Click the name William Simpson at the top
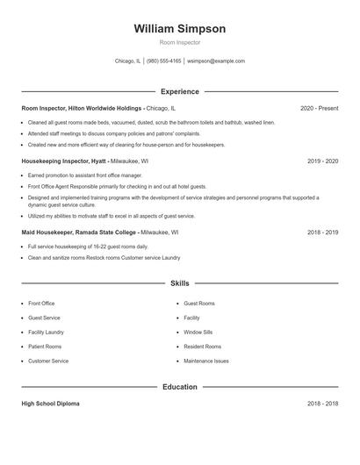(179, 28)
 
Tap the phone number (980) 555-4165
(164, 61)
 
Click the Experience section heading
(179, 91)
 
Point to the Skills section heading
(179, 283)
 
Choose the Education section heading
(179, 387)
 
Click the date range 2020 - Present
(319, 108)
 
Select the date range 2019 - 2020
(322, 161)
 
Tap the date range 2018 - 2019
(322, 233)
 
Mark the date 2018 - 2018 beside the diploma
(322, 404)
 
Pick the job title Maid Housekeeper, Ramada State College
(80, 233)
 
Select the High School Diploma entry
(50, 404)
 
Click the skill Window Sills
(198, 333)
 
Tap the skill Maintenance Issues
(206, 361)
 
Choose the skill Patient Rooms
(45, 347)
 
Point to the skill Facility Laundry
(46, 333)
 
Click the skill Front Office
(41, 304)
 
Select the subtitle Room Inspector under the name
(179, 42)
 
